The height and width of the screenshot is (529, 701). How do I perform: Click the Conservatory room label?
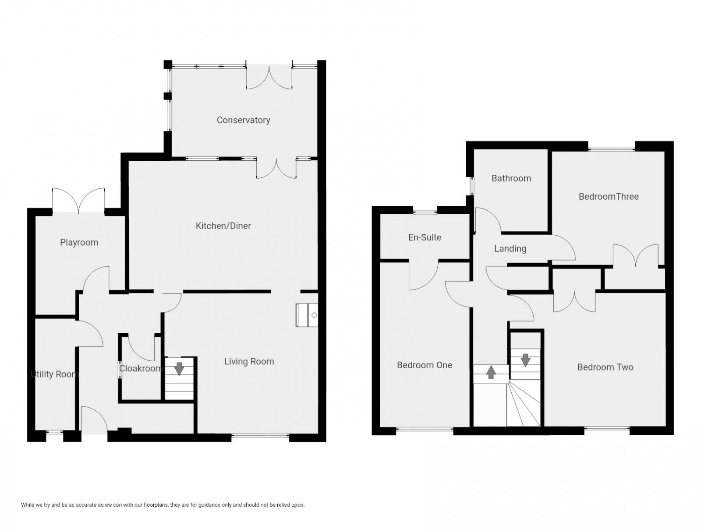pos(243,120)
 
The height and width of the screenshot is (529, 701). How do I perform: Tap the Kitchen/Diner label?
pos(223,226)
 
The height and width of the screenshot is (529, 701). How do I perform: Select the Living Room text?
pos(249,362)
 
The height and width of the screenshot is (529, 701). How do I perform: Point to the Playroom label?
pos(79,243)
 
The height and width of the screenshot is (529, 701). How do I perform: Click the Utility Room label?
pos(55,374)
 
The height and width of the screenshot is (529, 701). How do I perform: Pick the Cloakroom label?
pos(141,369)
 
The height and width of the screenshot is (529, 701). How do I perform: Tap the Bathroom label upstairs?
pos(511,178)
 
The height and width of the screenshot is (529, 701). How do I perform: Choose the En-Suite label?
pos(425,237)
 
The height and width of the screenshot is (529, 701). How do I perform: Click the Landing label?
pos(510,249)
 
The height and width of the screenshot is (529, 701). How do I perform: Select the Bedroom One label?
pos(424,365)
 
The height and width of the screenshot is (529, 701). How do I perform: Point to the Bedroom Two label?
pos(605,367)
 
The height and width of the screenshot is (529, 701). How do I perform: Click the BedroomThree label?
pos(609,197)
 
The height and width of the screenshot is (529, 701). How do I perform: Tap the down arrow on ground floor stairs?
pos(179,368)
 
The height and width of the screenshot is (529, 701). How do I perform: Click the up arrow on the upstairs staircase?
pos(491,372)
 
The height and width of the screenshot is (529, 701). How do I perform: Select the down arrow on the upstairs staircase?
pos(525,360)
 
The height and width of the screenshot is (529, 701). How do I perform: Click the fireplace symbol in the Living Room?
pos(307,315)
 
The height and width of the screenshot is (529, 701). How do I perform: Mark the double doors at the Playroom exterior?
pos(78,201)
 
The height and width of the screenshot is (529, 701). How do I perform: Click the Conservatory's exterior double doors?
pos(269,77)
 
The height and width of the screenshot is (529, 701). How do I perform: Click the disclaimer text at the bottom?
pos(163,505)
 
